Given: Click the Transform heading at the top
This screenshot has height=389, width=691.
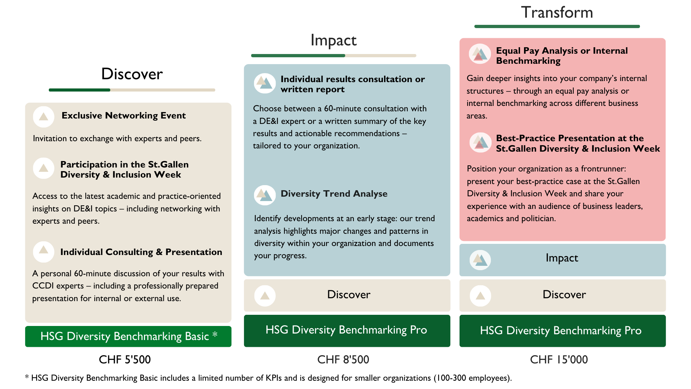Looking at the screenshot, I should pos(557,13).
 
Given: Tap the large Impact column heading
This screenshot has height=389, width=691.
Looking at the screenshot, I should pos(333,40).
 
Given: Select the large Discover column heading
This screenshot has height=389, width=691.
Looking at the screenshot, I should pos(132,74).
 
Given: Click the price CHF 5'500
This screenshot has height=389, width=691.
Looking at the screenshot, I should pos(125,359).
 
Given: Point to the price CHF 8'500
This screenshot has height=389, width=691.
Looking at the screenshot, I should pos(343,359).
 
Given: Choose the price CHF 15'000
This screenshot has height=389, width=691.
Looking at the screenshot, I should pos(559,359).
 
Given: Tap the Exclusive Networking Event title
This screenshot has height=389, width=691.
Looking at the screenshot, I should pos(123,116).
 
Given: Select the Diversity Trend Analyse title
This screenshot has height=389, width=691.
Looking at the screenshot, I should pos(334,194).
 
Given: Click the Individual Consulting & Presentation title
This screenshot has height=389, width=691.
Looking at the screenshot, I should pos(141,252).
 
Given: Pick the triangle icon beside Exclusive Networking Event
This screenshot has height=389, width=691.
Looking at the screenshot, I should pos(44,117).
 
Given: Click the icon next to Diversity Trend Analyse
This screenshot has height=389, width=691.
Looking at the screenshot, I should pos(265,195).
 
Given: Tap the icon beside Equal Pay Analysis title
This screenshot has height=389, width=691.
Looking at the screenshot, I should pos(480,54).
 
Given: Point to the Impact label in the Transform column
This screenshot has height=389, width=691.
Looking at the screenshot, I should pos(561,258).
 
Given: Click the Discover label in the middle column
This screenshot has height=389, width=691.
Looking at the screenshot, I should pos(348,295).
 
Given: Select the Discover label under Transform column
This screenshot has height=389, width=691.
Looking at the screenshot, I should pos(564,295).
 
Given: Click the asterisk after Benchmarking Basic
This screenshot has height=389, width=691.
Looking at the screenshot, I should pos(215,335).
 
